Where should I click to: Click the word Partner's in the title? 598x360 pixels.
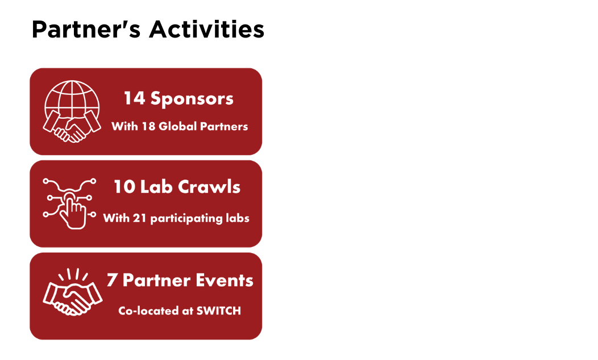[x=86, y=30]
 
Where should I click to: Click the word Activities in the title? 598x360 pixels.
[x=207, y=29]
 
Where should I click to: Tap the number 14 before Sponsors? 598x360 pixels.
[x=134, y=98]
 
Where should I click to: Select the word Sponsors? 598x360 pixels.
[x=192, y=99]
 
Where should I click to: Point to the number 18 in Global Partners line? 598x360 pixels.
[x=148, y=126]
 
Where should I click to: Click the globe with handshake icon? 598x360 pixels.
[x=72, y=111]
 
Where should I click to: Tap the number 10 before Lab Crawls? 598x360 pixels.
[x=124, y=187]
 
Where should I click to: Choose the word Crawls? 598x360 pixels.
[x=209, y=187]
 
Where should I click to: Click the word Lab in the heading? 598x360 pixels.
[x=156, y=187]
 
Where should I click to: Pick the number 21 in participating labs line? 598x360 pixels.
[x=140, y=218]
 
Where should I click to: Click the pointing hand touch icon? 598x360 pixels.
[x=69, y=204]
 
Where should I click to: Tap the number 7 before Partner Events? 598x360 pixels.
[x=112, y=280]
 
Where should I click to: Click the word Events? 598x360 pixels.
[x=225, y=280]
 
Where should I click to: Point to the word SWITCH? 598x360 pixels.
[x=218, y=311]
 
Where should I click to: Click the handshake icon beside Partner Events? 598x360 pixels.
[x=72, y=292]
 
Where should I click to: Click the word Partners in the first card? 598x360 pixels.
[x=224, y=126]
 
